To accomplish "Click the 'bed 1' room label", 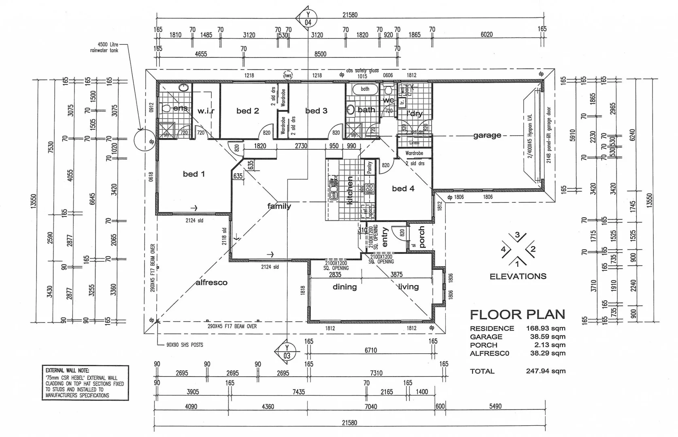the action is coord(193,174).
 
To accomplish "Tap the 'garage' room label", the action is coord(487,136).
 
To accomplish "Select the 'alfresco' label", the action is coord(211,282).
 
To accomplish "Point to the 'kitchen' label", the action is coord(350,190).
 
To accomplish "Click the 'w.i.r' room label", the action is coord(206,111).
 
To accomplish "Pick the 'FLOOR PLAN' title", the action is coord(517,314).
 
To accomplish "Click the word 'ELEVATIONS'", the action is coord(518,276).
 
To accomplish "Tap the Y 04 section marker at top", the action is coord(308,19).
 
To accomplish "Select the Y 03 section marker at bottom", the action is coord(287,352).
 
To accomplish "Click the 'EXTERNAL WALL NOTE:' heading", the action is coord(67,370).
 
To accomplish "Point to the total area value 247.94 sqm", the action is coord(546,371).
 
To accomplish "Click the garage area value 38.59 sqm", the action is coord(548,337).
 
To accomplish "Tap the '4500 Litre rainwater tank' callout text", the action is coord(104,47).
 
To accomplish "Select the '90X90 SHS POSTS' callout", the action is coord(185,345).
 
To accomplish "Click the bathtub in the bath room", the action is coord(365,89).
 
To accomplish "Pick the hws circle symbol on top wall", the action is coord(287,75).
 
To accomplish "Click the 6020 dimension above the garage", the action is coord(487,35).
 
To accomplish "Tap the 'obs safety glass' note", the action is coord(362,71).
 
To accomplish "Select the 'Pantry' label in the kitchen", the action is coord(369,168).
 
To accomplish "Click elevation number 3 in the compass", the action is coord(517,235).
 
